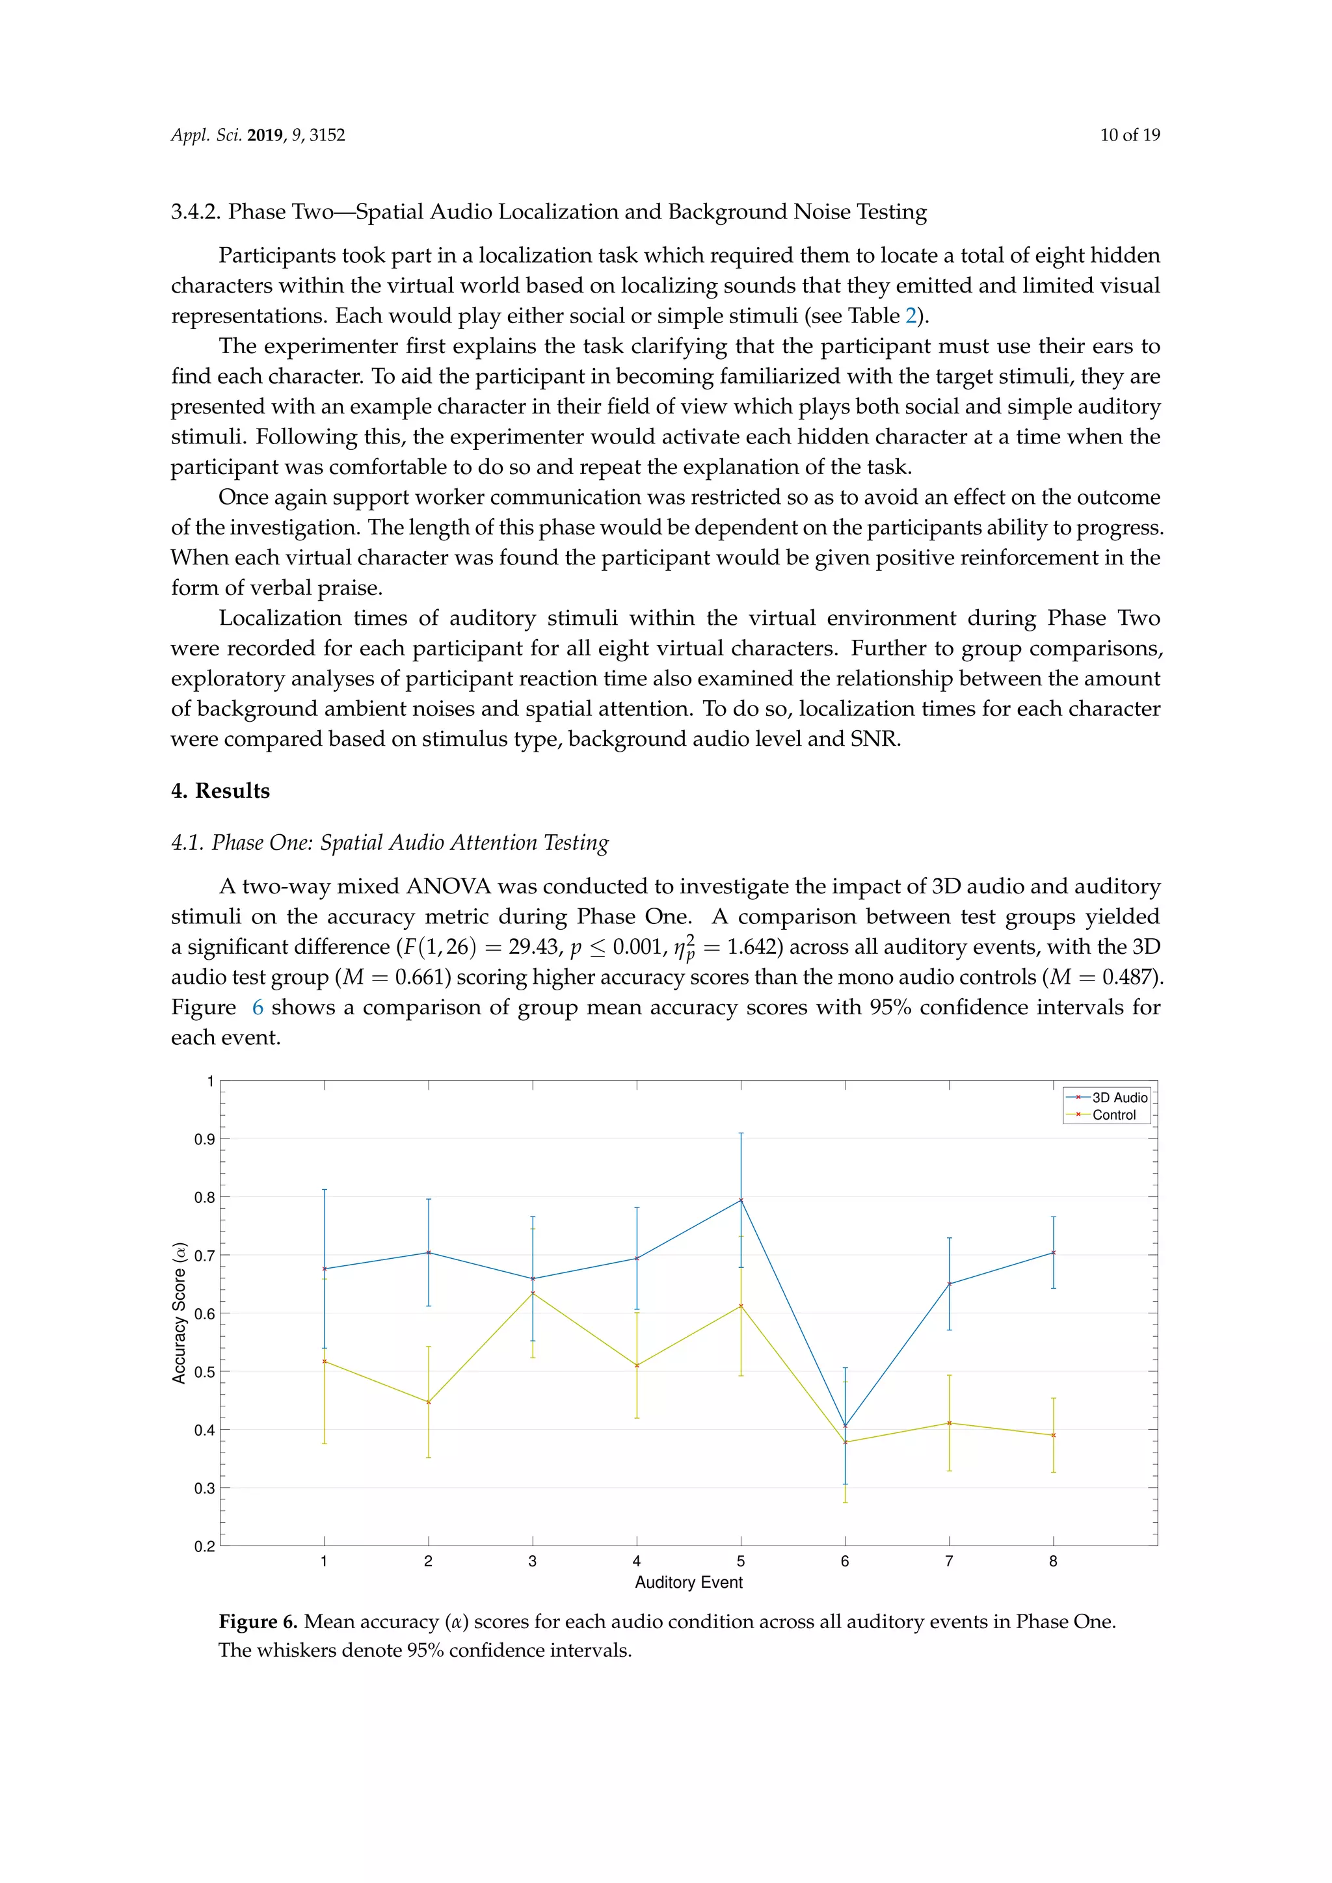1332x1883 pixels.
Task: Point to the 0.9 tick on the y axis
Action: click(x=205, y=1139)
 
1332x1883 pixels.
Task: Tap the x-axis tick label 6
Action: click(x=845, y=1562)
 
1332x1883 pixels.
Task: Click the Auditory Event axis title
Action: click(x=688, y=1583)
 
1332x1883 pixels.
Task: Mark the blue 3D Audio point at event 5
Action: click(x=741, y=1201)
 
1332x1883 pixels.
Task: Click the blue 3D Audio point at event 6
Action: click(x=846, y=1426)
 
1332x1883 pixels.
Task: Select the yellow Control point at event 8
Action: click(x=1053, y=1435)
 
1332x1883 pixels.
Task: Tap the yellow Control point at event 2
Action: click(x=428, y=1402)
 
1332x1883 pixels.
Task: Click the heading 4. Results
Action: click(x=220, y=791)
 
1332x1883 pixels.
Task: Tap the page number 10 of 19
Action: click(x=1130, y=135)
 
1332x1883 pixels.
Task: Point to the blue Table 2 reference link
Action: click(x=910, y=316)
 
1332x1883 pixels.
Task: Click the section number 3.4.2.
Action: click(x=195, y=211)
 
